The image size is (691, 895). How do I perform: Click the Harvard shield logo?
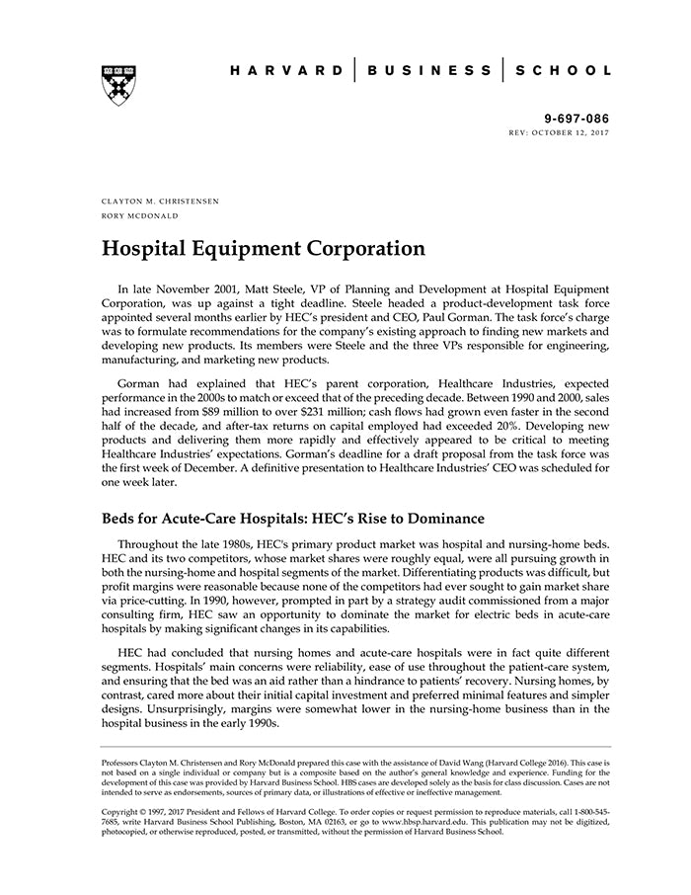point(117,85)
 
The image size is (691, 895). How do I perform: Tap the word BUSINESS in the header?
point(428,71)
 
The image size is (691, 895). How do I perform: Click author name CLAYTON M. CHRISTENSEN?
point(160,201)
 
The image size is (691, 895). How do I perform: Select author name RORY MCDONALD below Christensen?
point(139,214)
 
